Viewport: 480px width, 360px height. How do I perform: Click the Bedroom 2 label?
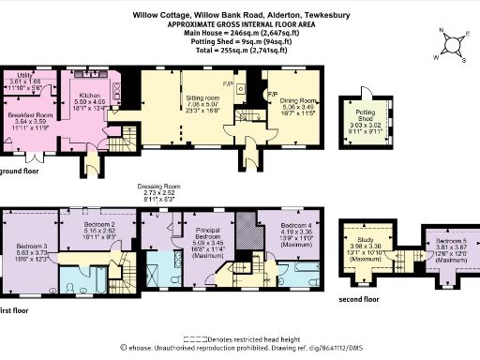tap(98, 225)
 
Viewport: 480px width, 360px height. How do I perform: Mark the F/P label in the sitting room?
tap(228, 85)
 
